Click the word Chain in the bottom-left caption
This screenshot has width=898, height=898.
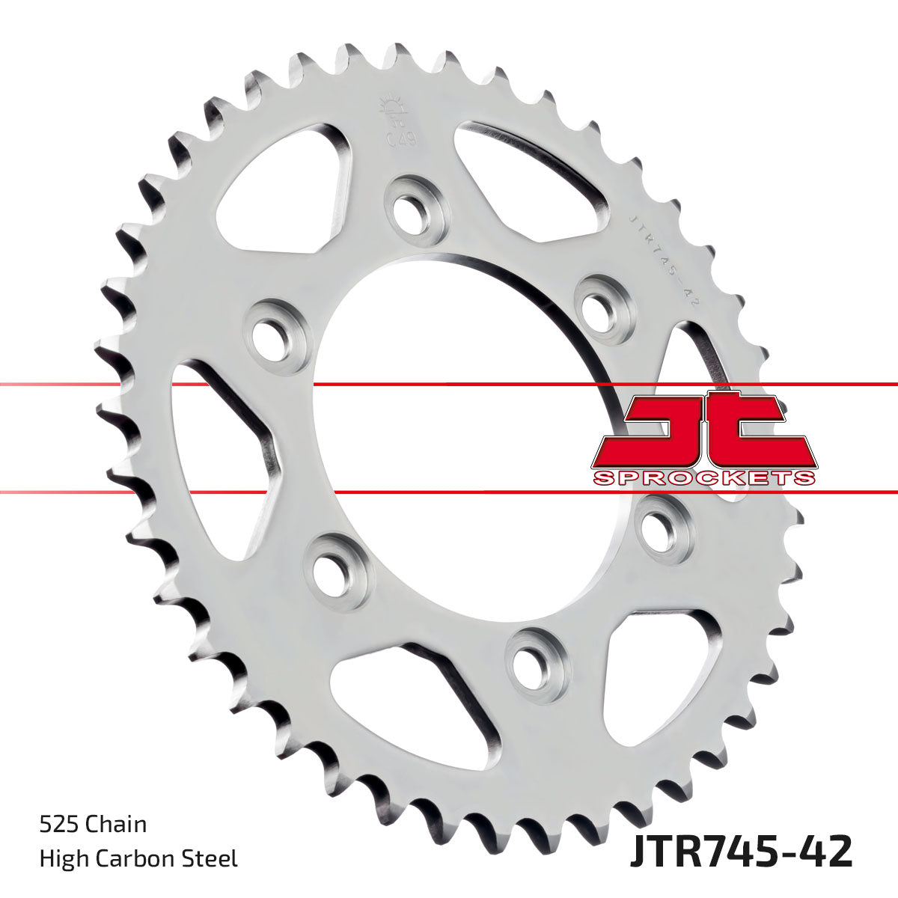(x=117, y=825)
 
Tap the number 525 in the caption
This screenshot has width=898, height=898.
(x=61, y=825)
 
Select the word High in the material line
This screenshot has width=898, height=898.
(x=61, y=858)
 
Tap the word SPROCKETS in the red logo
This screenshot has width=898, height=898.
(x=703, y=477)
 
